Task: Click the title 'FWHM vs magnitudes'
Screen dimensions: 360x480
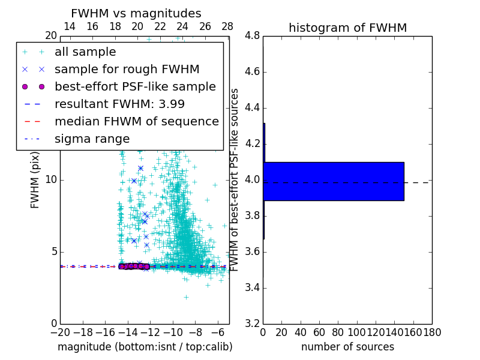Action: pyautogui.click(x=136, y=13)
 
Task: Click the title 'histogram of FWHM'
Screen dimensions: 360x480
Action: pyautogui.click(x=347, y=28)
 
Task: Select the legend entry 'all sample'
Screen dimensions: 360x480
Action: pyautogui.click(x=85, y=52)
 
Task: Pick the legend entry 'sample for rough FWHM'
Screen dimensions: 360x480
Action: pyautogui.click(x=127, y=70)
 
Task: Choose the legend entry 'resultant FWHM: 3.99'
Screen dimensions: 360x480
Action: pyautogui.click(x=119, y=104)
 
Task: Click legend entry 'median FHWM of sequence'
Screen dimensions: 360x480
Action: pyautogui.click(x=136, y=122)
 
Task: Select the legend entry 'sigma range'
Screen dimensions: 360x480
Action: pyautogui.click(x=92, y=139)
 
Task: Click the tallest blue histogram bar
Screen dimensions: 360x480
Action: pyautogui.click(x=334, y=181)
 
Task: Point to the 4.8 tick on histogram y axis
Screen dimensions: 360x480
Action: pyautogui.click(x=252, y=36)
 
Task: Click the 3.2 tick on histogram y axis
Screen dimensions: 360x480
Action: pyautogui.click(x=252, y=323)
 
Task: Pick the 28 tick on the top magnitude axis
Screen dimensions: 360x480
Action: pyautogui.click(x=227, y=26)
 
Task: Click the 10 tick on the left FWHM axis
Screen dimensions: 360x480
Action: pyautogui.click(x=51, y=180)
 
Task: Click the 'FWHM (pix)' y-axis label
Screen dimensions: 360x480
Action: pyautogui.click(x=35, y=180)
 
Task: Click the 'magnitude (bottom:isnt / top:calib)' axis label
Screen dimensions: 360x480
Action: pyautogui.click(x=145, y=347)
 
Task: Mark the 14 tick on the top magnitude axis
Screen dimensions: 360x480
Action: pyautogui.click(x=70, y=26)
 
